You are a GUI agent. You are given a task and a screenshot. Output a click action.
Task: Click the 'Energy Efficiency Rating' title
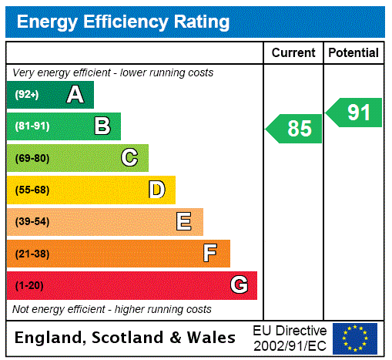pyautogui.click(x=122, y=22)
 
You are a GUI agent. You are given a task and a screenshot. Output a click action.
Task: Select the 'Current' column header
pyautogui.click(x=293, y=53)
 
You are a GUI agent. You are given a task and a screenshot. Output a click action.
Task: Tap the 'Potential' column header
pyautogui.click(x=353, y=53)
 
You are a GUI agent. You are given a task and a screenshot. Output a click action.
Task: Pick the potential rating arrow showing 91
pyautogui.click(x=355, y=113)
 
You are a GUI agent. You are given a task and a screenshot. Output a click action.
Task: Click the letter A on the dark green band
pyautogui.click(x=75, y=95)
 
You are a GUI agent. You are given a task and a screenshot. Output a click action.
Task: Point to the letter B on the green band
pyautogui.click(x=102, y=126)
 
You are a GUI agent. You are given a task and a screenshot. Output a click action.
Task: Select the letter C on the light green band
pyautogui.click(x=129, y=158)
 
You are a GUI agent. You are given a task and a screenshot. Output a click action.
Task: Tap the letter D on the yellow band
pyautogui.click(x=156, y=190)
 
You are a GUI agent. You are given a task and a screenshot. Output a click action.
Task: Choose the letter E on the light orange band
pyautogui.click(x=184, y=222)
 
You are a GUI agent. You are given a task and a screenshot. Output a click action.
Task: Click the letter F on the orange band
pyautogui.click(x=210, y=254)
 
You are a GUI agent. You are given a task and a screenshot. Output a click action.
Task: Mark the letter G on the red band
pyautogui.click(x=239, y=285)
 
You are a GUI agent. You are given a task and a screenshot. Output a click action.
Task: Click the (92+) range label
pyautogui.click(x=27, y=95)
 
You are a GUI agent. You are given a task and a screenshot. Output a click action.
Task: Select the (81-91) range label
pyautogui.click(x=32, y=126)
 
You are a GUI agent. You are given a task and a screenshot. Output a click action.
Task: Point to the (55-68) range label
pyautogui.click(x=32, y=190)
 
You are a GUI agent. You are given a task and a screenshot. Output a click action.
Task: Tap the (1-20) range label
pyautogui.click(x=29, y=285)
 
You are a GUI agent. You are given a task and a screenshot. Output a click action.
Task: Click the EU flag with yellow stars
pyautogui.click(x=355, y=338)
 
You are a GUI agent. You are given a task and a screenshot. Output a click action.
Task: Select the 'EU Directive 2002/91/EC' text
pyautogui.click(x=290, y=338)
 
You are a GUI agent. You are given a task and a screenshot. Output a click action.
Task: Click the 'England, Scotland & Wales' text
pyautogui.click(x=126, y=338)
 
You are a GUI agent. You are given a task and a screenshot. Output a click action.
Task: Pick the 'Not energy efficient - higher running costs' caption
pyautogui.click(x=112, y=309)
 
